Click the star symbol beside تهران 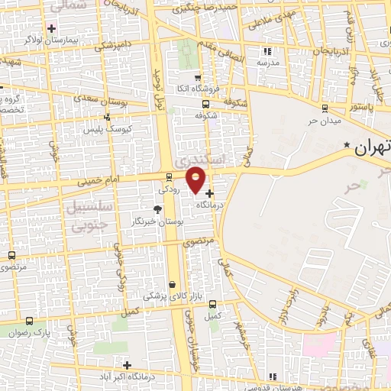tap(346, 145)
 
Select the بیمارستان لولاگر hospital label tap(50, 40)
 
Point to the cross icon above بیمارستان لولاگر tap(51, 28)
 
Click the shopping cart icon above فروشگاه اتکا tap(198, 77)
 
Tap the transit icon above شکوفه tap(205, 104)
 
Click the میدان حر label tap(324, 121)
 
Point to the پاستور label tap(360, 108)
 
